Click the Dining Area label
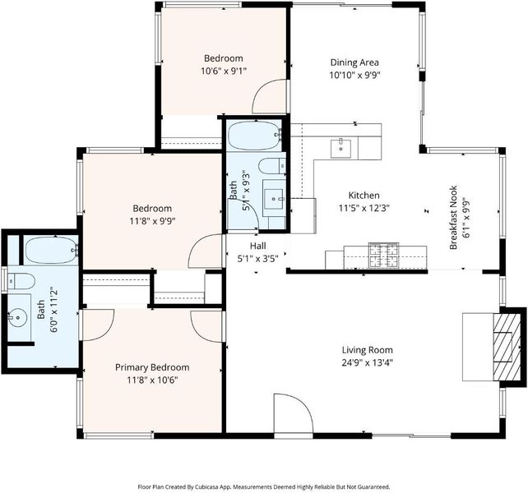354,62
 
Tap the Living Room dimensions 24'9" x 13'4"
368,363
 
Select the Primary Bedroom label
152,367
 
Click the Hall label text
258,246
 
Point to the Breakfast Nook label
453,218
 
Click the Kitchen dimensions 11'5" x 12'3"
364,209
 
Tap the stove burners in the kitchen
383,256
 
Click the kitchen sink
340,149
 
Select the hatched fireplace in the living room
507,347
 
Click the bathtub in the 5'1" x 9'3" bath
254,136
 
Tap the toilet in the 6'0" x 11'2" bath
21,281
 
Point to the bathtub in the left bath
51,251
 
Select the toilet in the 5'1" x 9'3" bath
272,166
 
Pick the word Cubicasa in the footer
220,486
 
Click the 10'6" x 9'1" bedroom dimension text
224,71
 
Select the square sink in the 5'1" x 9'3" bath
273,199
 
